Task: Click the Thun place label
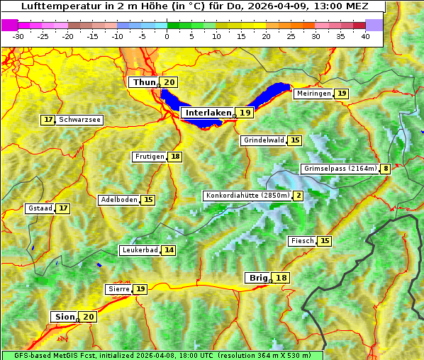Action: click(x=144, y=83)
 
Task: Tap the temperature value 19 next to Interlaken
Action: click(x=245, y=113)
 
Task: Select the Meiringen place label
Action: click(x=313, y=94)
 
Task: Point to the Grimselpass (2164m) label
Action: click(x=340, y=169)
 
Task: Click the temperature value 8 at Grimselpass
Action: click(x=385, y=169)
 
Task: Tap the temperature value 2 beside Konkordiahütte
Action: click(x=299, y=196)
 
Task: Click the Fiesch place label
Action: click(x=302, y=241)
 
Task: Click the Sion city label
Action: click(x=63, y=317)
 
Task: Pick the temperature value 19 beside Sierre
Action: click(x=140, y=289)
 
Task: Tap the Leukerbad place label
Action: click(x=139, y=250)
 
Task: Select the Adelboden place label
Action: click(x=118, y=200)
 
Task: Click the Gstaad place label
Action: click(x=39, y=208)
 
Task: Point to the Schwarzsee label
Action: click(x=80, y=120)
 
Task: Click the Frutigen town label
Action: click(x=149, y=157)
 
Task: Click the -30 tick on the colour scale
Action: click(x=18, y=35)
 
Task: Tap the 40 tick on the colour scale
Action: click(x=365, y=35)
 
